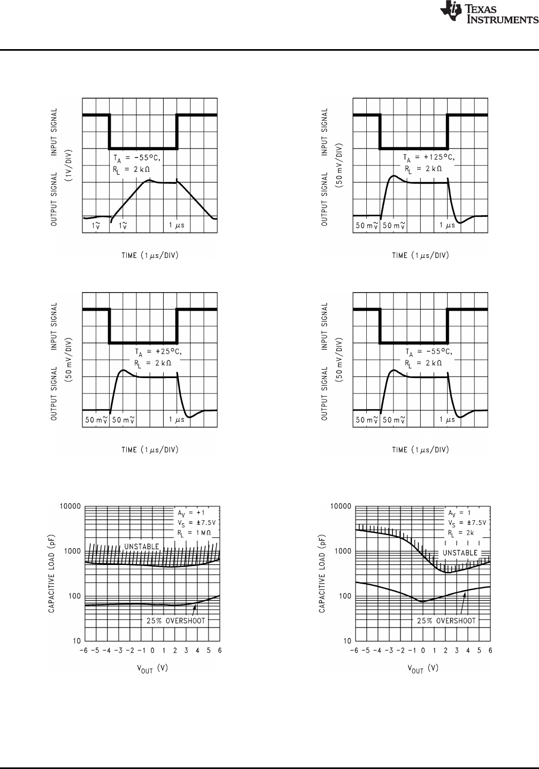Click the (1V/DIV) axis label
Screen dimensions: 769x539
coord(69,166)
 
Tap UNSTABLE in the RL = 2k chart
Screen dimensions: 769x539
coord(459,553)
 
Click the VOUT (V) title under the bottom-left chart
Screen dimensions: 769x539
coord(152,668)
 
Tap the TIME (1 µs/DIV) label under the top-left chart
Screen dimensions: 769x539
coord(150,255)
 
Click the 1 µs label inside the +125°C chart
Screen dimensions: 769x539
coord(446,225)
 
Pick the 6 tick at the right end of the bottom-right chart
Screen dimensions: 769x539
coord(490,650)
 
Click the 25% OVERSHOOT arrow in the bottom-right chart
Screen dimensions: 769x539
coord(463,603)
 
